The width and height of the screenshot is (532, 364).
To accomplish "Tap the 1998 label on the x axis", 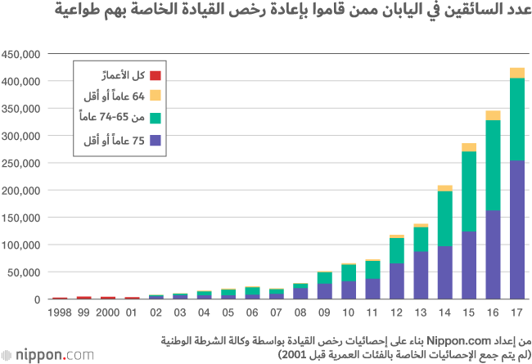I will point(60,312).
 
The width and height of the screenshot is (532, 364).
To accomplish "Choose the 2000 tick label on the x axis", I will point(108,312).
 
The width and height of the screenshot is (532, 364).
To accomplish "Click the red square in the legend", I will point(158,75).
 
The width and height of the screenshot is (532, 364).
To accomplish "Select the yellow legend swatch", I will point(158,97).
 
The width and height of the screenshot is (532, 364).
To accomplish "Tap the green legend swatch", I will point(158,119).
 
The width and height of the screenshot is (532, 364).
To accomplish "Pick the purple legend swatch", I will point(158,142).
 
